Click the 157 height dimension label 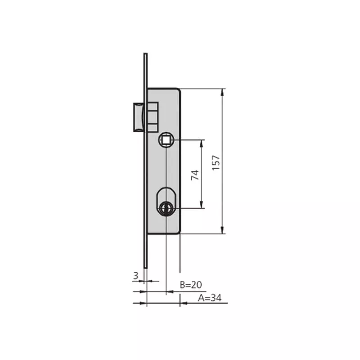click(x=216, y=162)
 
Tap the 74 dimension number click(x=194, y=175)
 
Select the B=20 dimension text click(x=191, y=285)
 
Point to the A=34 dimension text click(x=209, y=297)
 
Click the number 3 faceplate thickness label click(x=135, y=276)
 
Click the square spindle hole click(x=166, y=140)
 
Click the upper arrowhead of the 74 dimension click(x=202, y=143)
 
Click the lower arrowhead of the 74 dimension click(x=202, y=206)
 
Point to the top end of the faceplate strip click(x=145, y=54)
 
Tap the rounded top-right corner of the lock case click(x=179, y=90)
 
